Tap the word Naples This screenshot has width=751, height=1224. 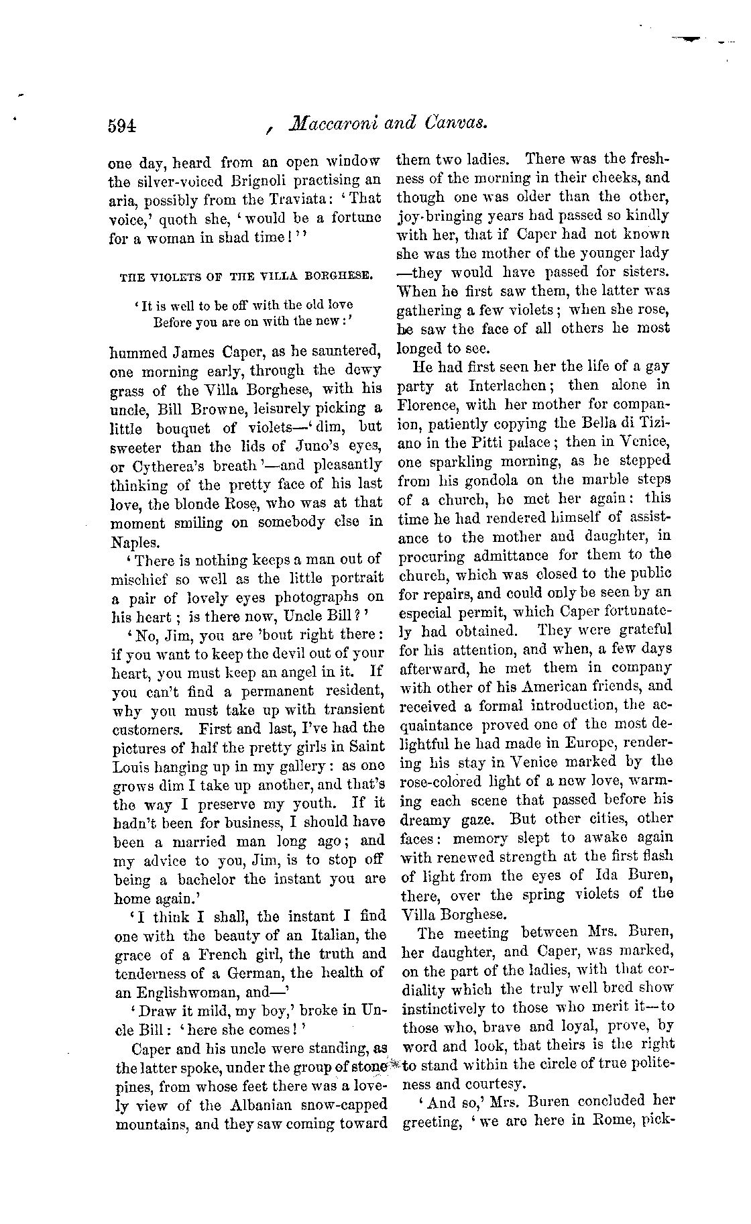[135, 541]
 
